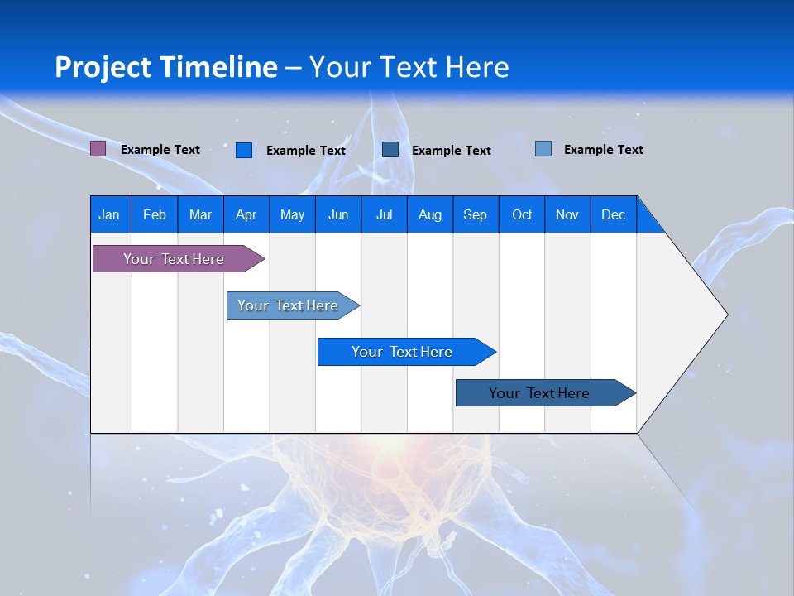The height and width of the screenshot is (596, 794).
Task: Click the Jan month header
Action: tap(109, 214)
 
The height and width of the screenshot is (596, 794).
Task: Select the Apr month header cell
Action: tap(246, 214)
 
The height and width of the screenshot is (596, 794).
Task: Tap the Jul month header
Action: tap(384, 214)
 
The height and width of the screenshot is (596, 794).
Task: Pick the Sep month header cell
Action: tap(475, 214)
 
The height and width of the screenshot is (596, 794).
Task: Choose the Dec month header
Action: tap(613, 214)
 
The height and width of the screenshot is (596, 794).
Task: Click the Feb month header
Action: tap(155, 214)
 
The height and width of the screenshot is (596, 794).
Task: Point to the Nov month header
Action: tap(567, 214)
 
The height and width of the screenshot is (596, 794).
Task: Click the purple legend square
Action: tap(98, 149)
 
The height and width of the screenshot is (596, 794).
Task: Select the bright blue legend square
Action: tap(244, 150)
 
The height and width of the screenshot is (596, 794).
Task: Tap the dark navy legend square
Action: tap(390, 150)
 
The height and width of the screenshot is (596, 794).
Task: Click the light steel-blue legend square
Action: tap(543, 149)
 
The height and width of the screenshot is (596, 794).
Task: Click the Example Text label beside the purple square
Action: tap(160, 150)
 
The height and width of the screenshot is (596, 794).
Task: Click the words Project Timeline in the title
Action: tap(166, 67)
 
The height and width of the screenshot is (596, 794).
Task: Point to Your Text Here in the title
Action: tap(409, 67)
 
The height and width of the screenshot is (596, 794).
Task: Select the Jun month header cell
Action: tap(338, 214)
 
